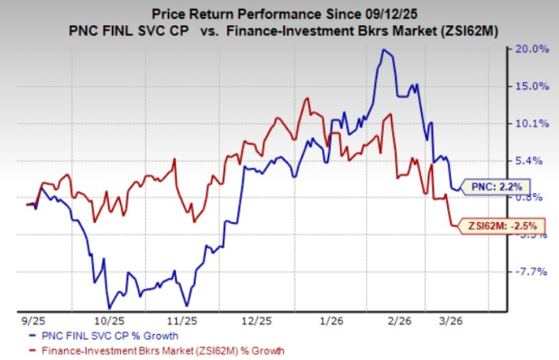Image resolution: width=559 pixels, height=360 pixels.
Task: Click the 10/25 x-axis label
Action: point(108,319)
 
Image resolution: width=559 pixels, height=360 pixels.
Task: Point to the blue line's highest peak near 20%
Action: point(384,51)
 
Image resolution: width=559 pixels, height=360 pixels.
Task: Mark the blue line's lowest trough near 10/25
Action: point(109,308)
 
